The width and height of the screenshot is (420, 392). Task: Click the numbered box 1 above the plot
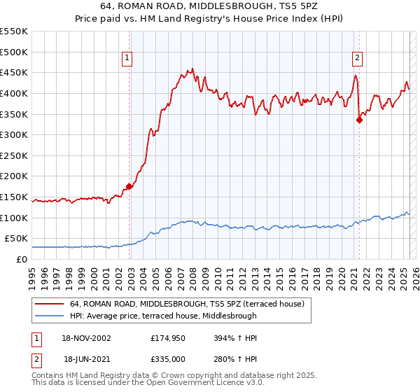(129, 58)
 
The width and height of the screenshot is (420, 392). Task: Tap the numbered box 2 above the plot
(357, 58)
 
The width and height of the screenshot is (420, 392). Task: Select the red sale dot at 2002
(129, 186)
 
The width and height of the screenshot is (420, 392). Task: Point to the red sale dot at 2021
(359, 120)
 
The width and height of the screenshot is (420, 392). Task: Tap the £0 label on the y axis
(21, 259)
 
